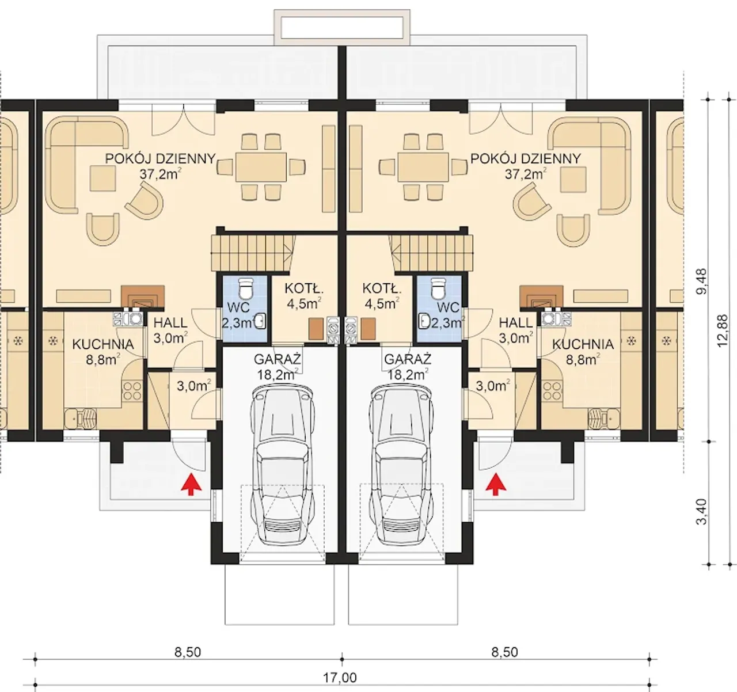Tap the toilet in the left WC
245,288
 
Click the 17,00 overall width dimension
340,678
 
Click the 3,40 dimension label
702,512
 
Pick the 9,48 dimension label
702,282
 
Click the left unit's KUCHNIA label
103,344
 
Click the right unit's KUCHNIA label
583,344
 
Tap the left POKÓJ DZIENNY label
160,158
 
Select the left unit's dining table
261,167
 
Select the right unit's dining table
423,167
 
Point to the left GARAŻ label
278,359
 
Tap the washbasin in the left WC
261,321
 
